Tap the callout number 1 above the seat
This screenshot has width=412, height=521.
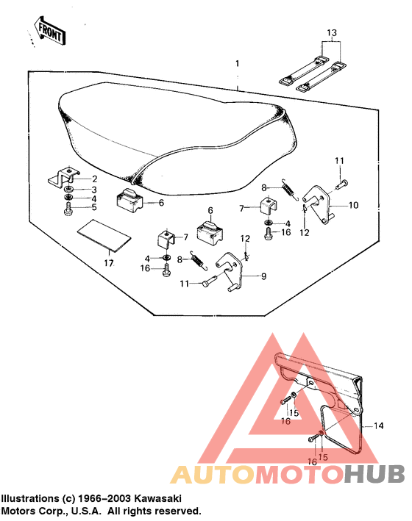237,65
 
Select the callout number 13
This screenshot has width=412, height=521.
331,33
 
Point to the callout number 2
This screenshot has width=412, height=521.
94,179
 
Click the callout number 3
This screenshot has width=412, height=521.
94,189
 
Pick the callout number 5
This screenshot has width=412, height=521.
94,208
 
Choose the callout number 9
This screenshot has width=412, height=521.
264,277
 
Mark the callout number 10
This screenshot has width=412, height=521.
353,205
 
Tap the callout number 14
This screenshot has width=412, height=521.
379,425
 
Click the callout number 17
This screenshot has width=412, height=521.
108,262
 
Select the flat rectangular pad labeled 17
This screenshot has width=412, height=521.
103,234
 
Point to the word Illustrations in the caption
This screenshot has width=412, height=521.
30,497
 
